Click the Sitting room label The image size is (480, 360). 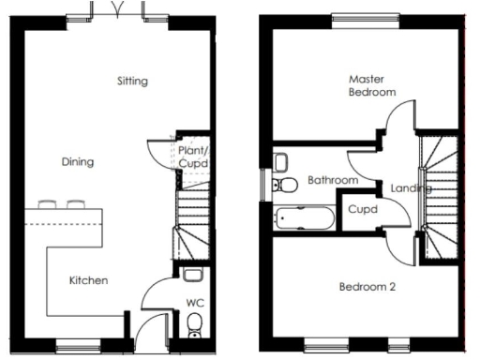(132, 81)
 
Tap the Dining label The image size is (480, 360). (78, 162)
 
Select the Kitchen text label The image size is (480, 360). (89, 280)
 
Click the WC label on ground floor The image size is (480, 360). (196, 303)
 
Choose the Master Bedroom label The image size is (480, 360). (370, 86)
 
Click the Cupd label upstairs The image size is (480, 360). (362, 210)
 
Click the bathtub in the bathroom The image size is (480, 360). (300, 218)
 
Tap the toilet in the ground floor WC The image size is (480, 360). (195, 325)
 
